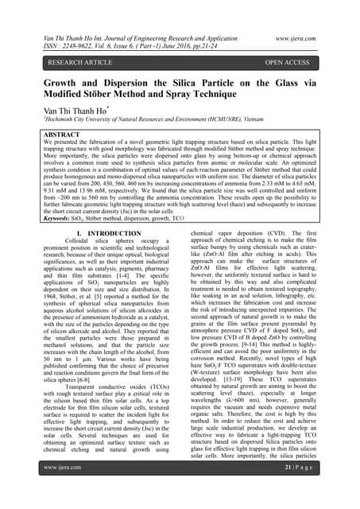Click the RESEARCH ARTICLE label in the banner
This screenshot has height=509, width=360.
click(x=67, y=60)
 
